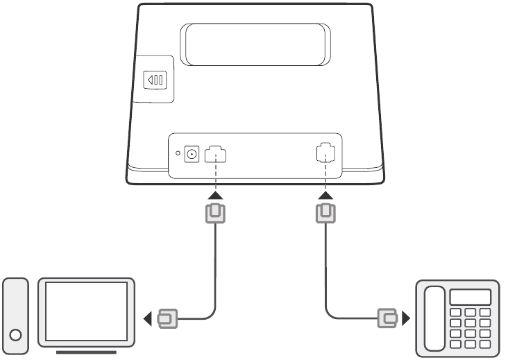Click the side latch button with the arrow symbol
coord(153,80)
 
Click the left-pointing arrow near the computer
coord(146,320)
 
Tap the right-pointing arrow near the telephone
coord(407,320)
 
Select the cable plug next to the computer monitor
coord(167,320)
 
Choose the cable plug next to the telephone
coord(387,320)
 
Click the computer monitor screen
coord(86,310)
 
